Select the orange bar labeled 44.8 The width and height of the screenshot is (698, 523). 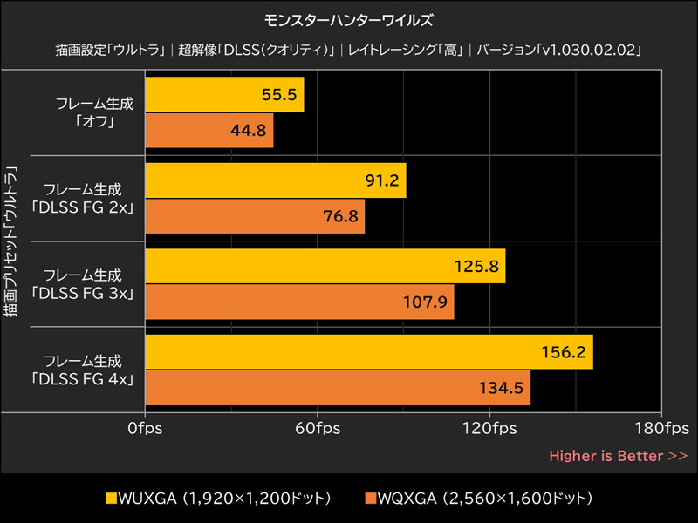[x=209, y=131]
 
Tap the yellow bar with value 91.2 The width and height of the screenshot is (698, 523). [x=276, y=180]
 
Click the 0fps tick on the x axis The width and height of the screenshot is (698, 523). [x=145, y=429]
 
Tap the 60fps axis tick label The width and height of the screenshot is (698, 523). [x=318, y=429]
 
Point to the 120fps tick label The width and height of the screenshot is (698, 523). [x=489, y=429]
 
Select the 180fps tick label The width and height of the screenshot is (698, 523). [x=661, y=429]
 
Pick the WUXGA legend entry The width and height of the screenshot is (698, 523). [x=218, y=499]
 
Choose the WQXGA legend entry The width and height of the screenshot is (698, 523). [x=480, y=499]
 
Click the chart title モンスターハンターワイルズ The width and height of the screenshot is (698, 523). [x=348, y=18]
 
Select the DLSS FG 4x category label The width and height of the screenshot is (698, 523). [x=83, y=370]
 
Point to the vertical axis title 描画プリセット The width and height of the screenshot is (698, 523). [x=11, y=240]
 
